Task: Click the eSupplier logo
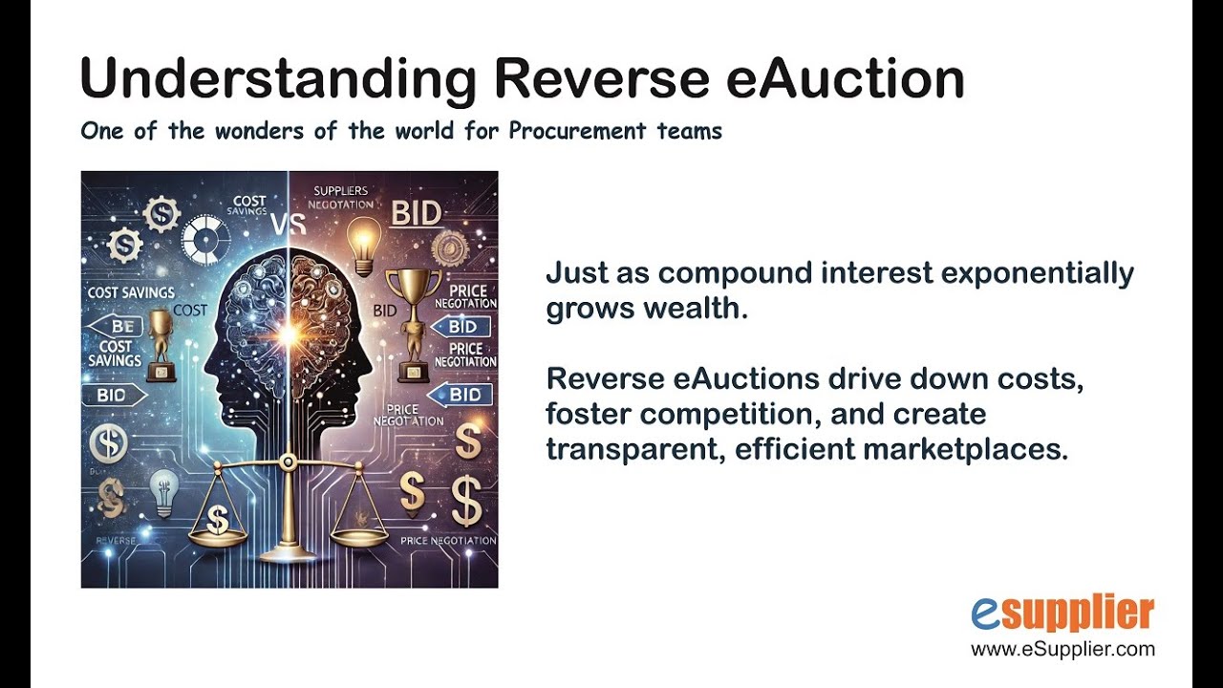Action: pos(1062,614)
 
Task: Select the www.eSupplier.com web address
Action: pos(1062,650)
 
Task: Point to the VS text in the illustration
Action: pos(288,224)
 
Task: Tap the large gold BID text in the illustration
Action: pos(418,213)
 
